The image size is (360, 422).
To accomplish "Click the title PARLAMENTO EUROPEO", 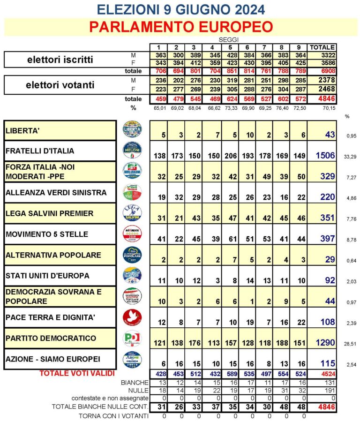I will tap(180, 27).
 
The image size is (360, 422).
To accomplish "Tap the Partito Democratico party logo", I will tap(132, 338).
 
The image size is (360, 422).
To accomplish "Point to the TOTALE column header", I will tap(322, 47).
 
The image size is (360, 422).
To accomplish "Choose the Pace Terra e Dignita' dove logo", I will tap(132, 317).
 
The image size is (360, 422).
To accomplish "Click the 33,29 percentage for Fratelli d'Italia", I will tap(349, 157).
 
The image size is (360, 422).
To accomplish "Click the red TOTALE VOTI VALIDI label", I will tap(77, 373).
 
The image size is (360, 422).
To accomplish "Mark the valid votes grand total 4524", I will tap(322, 374).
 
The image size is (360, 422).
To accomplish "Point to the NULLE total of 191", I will tap(322, 390).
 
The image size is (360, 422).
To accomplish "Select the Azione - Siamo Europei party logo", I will tap(132, 359).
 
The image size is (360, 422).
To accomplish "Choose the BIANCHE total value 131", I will tap(322, 382).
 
